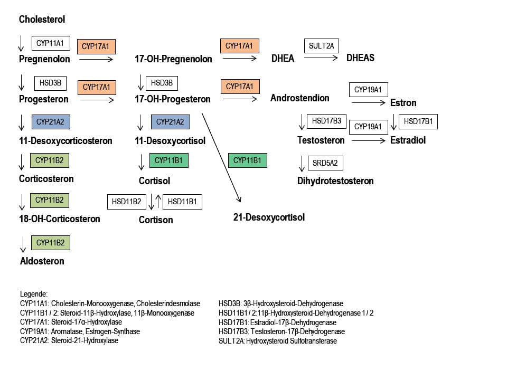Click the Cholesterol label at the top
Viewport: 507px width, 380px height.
[x=42, y=20]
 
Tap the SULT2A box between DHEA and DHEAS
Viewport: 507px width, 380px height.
[x=322, y=46]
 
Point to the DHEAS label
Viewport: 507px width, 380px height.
[x=360, y=58]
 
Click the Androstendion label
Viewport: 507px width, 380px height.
[x=299, y=98]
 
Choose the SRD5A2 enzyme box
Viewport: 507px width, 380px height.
[x=325, y=163]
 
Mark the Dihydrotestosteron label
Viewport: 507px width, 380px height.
[x=335, y=181]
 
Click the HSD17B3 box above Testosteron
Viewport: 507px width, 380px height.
[x=326, y=121]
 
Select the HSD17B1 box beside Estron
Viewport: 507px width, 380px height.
[x=418, y=121]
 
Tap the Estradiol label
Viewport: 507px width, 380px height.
[x=408, y=140]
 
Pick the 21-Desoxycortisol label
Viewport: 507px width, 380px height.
[x=269, y=217]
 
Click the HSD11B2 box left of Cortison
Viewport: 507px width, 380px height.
[x=126, y=201]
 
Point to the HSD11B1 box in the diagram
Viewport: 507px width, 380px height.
[x=182, y=201]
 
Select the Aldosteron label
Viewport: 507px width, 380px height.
[x=42, y=261]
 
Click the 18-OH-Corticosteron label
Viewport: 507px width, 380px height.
[x=60, y=218]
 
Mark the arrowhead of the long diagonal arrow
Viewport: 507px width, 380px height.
[x=239, y=199]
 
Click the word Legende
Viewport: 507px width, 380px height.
[x=34, y=294]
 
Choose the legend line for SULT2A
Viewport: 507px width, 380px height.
[x=277, y=341]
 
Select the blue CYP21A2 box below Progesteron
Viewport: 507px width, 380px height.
[x=51, y=122]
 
